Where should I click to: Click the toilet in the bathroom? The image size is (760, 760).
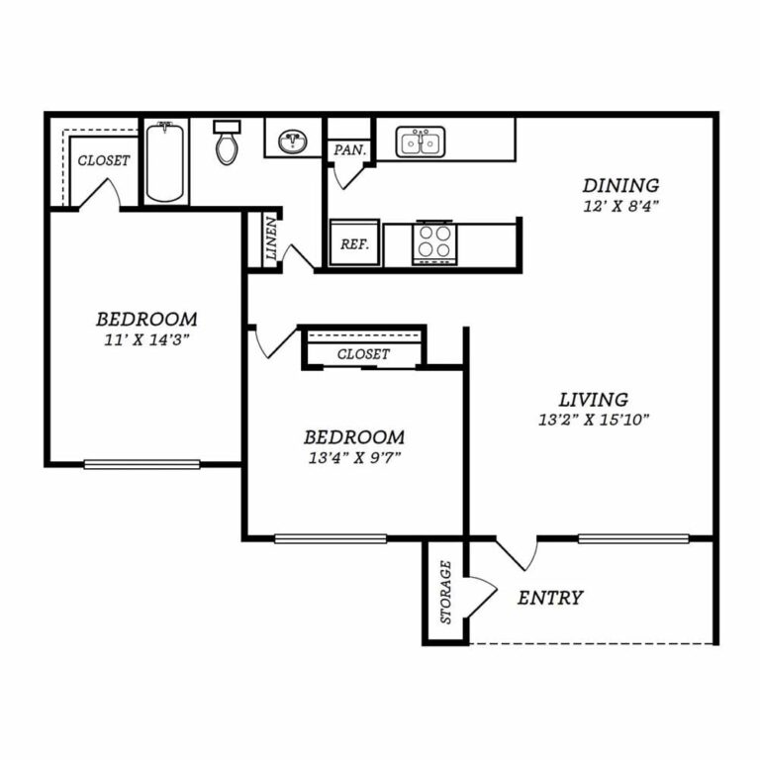click(227, 142)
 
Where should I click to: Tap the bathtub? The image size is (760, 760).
click(165, 162)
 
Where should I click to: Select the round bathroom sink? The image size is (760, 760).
click(292, 142)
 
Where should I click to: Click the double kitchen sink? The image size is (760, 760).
click(421, 142)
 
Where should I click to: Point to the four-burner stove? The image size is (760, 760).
click(434, 242)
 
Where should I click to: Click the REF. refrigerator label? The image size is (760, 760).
click(354, 243)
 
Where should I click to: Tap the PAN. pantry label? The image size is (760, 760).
click(349, 150)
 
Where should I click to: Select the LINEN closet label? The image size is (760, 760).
click(271, 238)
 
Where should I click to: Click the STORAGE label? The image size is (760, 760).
click(445, 592)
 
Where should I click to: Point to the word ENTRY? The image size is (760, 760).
click(550, 598)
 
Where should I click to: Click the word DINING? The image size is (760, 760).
click(620, 185)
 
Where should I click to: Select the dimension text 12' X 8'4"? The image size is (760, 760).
click(620, 207)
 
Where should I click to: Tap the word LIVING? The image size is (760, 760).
click(594, 400)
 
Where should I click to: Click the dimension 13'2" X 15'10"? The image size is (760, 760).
click(594, 420)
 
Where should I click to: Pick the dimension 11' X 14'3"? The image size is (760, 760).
click(146, 339)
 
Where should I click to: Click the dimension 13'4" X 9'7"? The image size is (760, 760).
click(354, 457)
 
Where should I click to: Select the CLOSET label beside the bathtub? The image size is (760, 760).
click(104, 160)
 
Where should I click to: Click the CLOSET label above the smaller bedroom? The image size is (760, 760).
click(363, 354)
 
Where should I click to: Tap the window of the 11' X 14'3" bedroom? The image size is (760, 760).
click(142, 464)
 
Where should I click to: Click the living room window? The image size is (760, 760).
click(633, 538)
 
